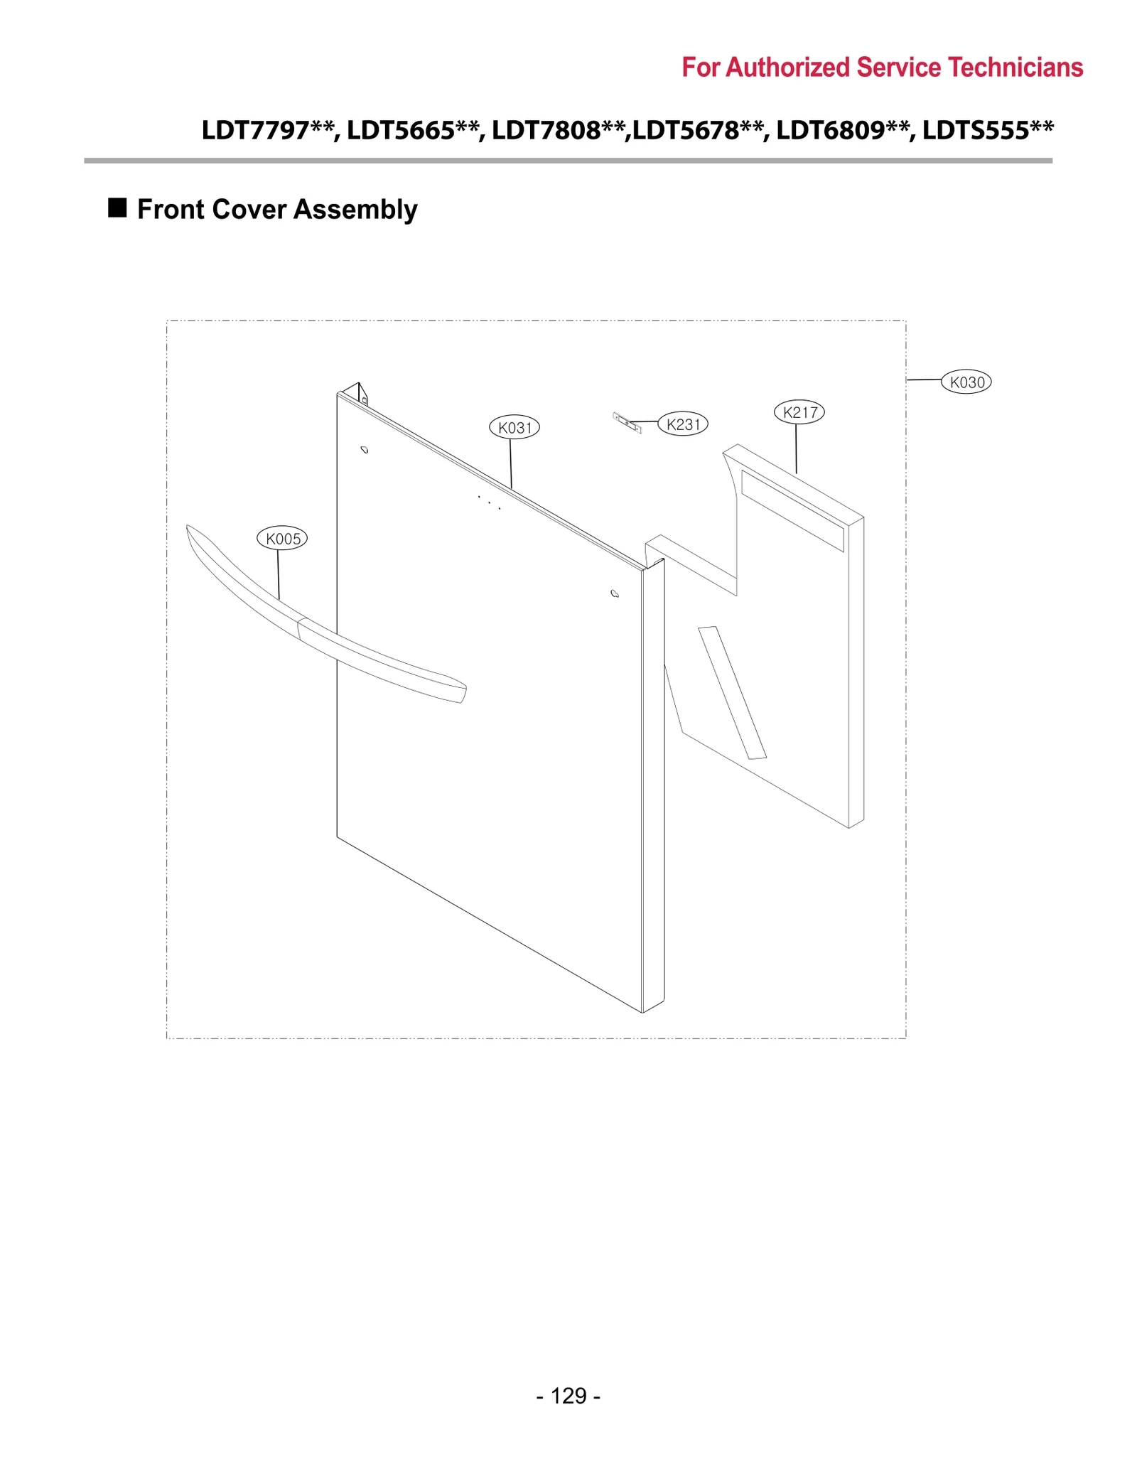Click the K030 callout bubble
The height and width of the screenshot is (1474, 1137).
coord(966,382)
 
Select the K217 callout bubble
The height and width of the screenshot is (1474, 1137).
coord(799,412)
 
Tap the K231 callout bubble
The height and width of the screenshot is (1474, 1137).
coord(683,424)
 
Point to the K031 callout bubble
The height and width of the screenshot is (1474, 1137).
coord(514,427)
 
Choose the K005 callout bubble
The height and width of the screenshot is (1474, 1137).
coord(282,539)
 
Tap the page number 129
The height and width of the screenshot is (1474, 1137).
coord(568,1396)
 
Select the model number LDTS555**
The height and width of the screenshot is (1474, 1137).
coord(988,131)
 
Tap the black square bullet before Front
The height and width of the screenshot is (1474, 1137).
coord(117,208)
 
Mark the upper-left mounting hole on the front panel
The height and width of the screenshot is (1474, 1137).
coord(365,450)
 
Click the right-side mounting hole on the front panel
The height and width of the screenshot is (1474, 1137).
coord(615,593)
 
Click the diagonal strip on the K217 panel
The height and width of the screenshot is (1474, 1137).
coord(732,693)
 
